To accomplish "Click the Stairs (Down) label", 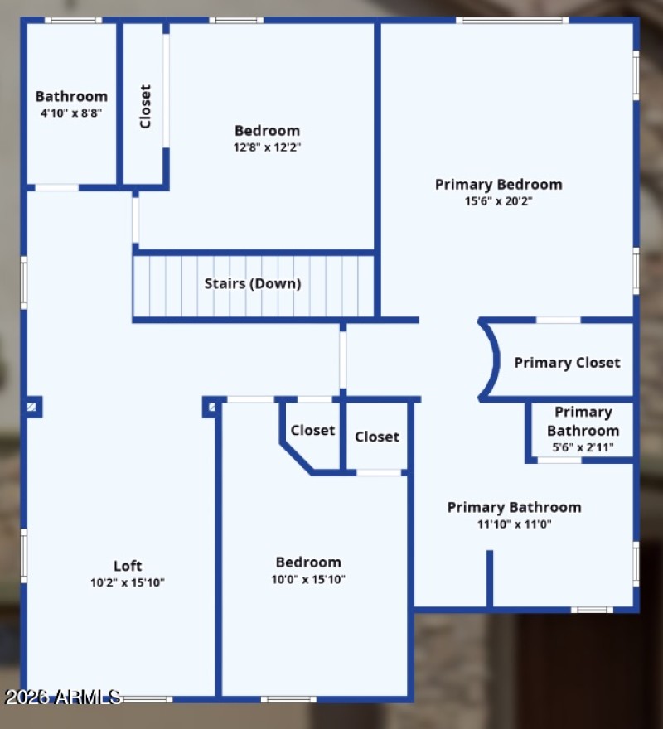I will pyautogui.click(x=253, y=283).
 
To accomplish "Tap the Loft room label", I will pyautogui.click(x=128, y=566).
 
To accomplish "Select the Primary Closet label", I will pyautogui.click(x=567, y=363).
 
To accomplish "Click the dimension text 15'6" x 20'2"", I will pyautogui.click(x=499, y=200).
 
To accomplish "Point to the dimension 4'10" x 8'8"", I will pyautogui.click(x=71, y=113).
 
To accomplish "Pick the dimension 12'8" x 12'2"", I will pyautogui.click(x=267, y=147).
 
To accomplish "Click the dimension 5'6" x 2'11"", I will pyautogui.click(x=583, y=447).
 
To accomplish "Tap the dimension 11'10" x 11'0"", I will pyautogui.click(x=514, y=524).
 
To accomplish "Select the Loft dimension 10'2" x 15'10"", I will pyautogui.click(x=128, y=582).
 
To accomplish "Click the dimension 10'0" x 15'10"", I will pyautogui.click(x=308, y=579).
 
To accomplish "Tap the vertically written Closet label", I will pyautogui.click(x=146, y=106).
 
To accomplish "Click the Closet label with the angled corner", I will pyautogui.click(x=312, y=430).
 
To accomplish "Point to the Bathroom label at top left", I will pyautogui.click(x=71, y=96).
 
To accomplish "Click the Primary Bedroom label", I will pyautogui.click(x=499, y=184).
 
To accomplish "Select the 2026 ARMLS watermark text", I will pyautogui.click(x=63, y=698).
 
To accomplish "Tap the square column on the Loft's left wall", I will pyautogui.click(x=32, y=406).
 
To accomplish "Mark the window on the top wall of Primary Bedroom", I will pyautogui.click(x=511, y=20).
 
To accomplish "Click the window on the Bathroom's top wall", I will pyautogui.click(x=73, y=20).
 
